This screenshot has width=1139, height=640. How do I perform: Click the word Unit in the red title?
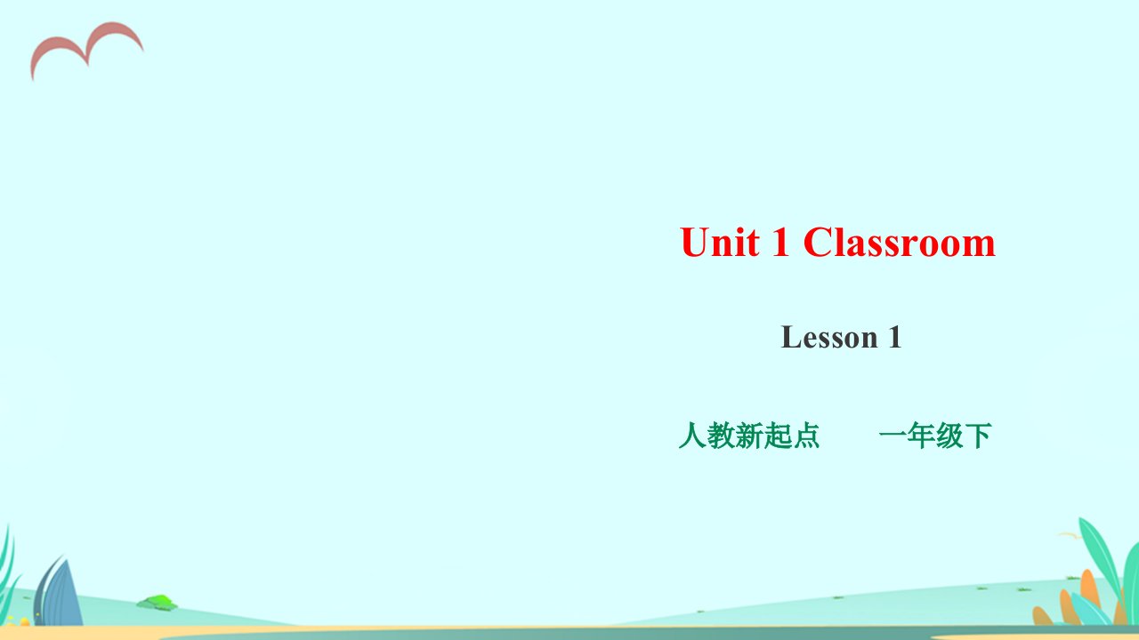coord(721,242)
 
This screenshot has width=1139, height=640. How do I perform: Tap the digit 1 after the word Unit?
coord(780,242)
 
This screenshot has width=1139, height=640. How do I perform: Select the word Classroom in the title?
coord(899,242)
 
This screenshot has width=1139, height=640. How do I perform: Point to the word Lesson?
coord(829,337)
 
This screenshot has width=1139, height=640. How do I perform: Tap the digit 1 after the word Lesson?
coord(895,337)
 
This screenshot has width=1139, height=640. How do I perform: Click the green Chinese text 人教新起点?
coord(749,436)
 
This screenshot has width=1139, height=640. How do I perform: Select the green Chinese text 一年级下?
coord(935,436)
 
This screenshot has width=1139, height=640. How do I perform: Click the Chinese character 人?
coord(692,436)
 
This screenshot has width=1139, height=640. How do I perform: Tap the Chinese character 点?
coord(806,436)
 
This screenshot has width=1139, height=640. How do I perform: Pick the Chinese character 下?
coord(978,436)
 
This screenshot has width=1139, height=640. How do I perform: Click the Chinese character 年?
coord(921,436)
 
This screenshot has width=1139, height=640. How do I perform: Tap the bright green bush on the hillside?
coord(158,603)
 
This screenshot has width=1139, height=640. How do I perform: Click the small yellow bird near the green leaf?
coord(1069,535)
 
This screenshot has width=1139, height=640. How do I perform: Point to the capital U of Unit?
coord(695,243)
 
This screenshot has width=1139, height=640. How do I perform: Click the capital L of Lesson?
coord(791,337)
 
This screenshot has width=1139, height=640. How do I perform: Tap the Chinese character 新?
coord(749,436)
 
